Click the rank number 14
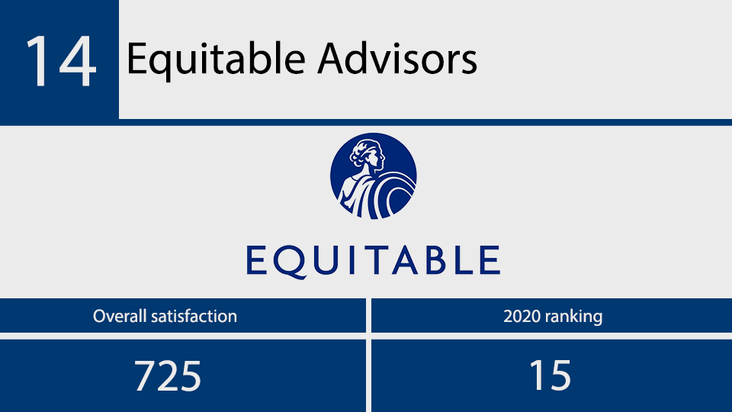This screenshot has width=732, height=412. [61, 60]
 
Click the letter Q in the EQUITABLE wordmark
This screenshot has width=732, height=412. [289, 261]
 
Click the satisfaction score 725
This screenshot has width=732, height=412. [168, 375]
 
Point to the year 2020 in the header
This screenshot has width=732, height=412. [522, 316]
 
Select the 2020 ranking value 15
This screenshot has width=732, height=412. [550, 375]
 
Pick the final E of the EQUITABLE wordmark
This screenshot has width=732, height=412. [489, 259]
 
